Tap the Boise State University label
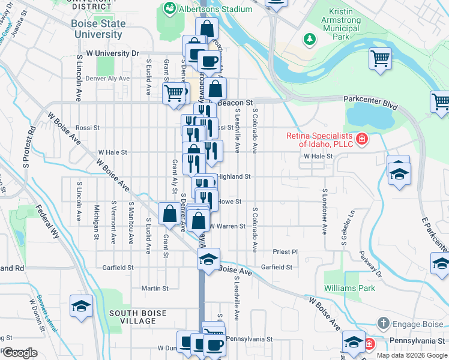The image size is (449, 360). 99,29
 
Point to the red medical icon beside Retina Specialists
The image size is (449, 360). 361,140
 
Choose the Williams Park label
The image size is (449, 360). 349,288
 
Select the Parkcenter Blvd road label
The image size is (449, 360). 370,103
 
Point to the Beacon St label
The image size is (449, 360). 237,103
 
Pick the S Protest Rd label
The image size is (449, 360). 26,146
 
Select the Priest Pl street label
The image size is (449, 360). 285,252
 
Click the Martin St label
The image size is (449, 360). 155,288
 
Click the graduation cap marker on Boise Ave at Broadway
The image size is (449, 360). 208,259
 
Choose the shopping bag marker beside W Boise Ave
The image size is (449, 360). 169,212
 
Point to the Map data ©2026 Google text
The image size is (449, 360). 411,355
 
